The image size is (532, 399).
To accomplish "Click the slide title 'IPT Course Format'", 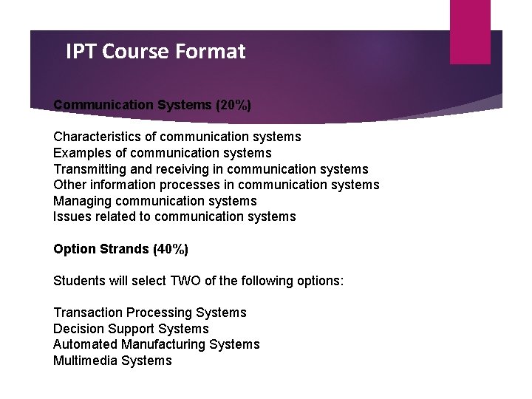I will [155, 52].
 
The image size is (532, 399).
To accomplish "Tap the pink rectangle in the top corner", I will [470, 31].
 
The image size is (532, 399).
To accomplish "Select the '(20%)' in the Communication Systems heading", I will [233, 105].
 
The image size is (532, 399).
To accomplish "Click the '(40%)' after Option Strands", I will [170, 249].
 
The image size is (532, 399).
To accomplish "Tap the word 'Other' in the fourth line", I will [69, 185].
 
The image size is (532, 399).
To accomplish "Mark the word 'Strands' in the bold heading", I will [122, 249].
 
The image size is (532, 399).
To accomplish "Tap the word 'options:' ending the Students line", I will [319, 281].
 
